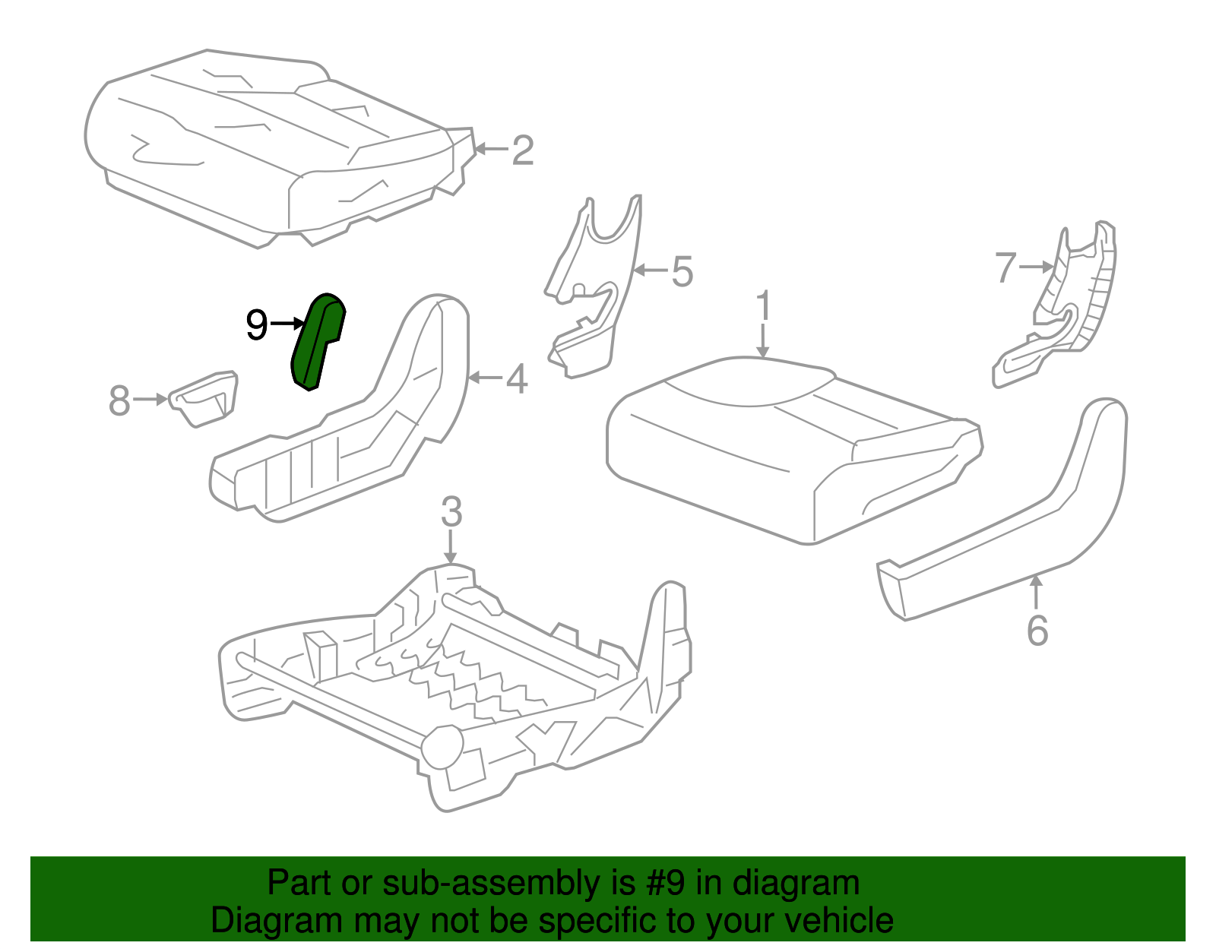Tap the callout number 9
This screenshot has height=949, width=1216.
(257, 325)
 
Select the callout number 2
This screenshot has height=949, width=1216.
(523, 150)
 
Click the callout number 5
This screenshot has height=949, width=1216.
(682, 271)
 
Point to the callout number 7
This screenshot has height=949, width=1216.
(1005, 267)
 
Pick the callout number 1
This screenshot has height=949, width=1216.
(763, 306)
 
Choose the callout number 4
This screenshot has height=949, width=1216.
(517, 379)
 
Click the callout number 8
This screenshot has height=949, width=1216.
(119, 400)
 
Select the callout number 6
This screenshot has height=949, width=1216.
(1037, 631)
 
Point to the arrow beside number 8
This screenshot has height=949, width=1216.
(150, 399)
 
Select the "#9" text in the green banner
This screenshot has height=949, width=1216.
(667, 883)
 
